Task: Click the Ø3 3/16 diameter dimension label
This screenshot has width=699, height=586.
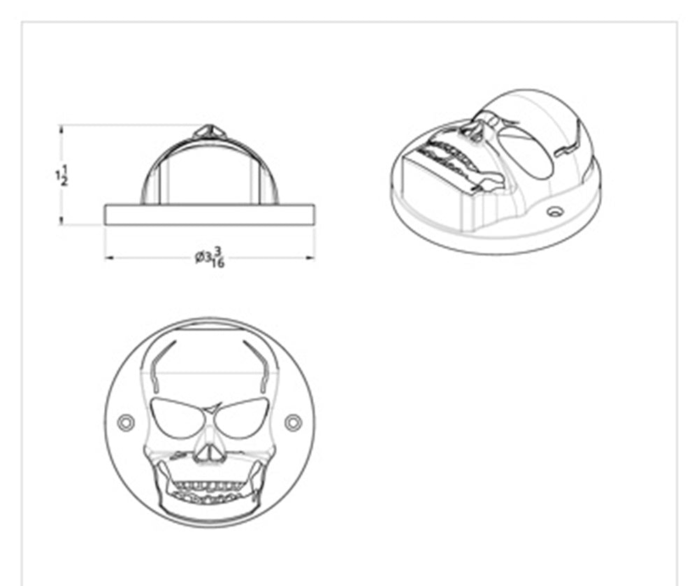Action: coord(210,257)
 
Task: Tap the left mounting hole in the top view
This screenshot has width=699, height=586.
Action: coord(126,422)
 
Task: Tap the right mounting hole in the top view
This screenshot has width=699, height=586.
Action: coord(294,422)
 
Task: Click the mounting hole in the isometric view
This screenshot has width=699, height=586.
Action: coord(555,211)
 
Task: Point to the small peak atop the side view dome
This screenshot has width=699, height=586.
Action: coord(210,131)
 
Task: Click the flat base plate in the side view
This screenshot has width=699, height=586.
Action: coord(210,215)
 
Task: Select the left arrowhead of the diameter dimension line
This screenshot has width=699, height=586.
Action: coord(109,257)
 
